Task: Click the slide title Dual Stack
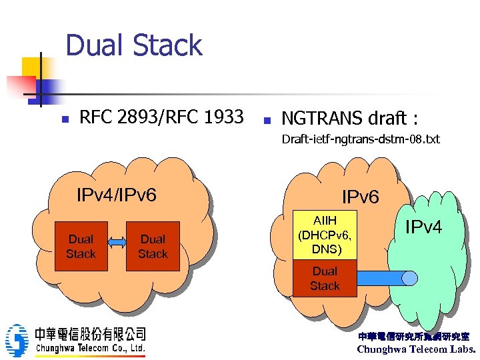[x=134, y=45]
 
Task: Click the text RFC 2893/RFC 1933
[x=161, y=118]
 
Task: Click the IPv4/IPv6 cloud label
[x=117, y=195]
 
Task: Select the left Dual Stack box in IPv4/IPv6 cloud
[x=81, y=246]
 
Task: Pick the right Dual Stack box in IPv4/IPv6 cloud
[x=153, y=246]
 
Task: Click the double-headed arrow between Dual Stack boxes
[x=117, y=243]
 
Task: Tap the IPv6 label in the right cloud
[x=360, y=197]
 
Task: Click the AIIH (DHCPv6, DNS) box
[x=325, y=234]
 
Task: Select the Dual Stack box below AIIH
[x=325, y=278]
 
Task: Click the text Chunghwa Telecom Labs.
[x=416, y=349]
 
